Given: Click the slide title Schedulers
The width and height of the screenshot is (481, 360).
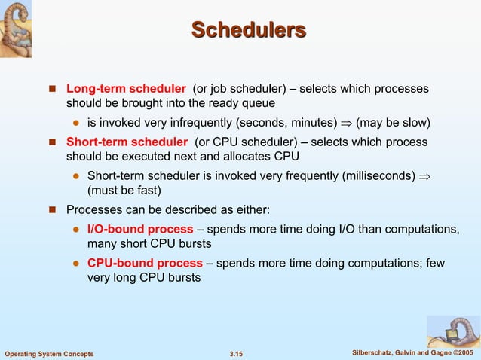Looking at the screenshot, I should tap(249, 30).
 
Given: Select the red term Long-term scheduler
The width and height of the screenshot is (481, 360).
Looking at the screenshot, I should tap(126, 89).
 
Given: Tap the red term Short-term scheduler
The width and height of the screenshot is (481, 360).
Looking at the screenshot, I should tap(127, 142).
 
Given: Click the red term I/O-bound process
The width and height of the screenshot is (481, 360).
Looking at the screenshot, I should tap(140, 229).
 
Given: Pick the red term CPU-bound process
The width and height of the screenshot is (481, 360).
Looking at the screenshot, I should tap(145, 263).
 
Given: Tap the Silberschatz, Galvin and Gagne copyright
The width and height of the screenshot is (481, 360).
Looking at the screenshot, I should tap(412, 353).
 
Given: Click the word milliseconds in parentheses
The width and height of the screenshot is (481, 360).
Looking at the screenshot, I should tap(378, 175).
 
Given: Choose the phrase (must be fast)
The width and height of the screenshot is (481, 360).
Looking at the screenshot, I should tap(124, 190).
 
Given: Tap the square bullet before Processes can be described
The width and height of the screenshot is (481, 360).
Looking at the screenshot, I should tap(54, 209).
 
